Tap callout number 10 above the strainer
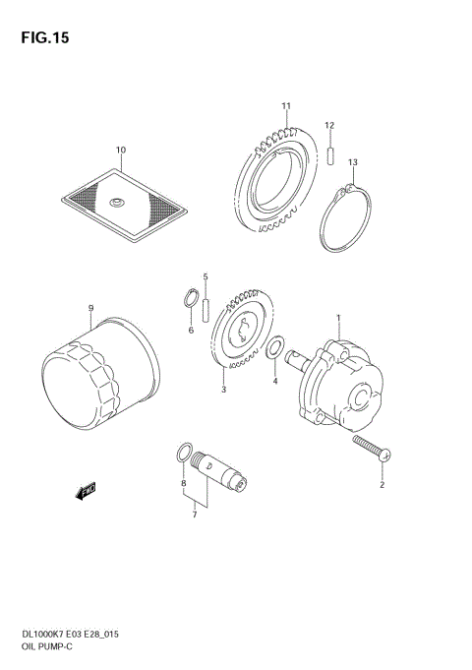pos(121,151)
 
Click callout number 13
pos(352,161)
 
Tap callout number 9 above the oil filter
pos(89,309)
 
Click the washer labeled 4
pos(278,346)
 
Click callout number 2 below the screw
pos(383,484)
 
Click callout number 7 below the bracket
pos(195,514)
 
